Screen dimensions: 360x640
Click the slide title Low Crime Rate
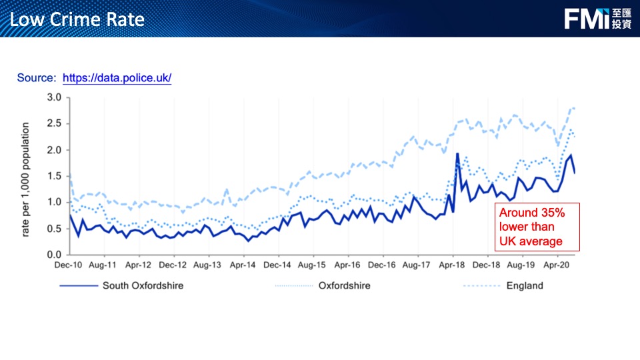coord(77,19)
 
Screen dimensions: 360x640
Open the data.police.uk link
coord(117,78)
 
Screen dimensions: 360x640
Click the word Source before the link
coord(37,78)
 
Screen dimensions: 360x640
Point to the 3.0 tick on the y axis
coord(54,98)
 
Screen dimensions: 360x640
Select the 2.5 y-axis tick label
coord(54,124)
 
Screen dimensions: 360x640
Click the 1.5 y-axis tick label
coord(54,176)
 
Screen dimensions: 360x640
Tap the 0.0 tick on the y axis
coord(54,255)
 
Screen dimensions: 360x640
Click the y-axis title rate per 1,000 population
coord(25,179)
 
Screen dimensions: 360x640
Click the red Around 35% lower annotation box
coord(537,227)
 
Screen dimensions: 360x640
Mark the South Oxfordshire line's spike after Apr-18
coord(457,154)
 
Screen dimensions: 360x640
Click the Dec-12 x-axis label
coord(173,265)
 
